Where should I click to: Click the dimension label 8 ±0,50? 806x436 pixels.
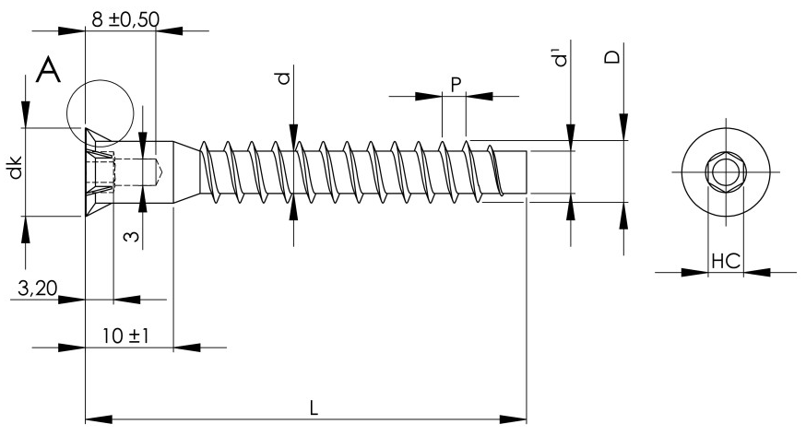click(x=125, y=19)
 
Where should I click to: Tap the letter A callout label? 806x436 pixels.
click(x=48, y=70)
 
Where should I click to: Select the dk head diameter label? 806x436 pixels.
click(x=16, y=167)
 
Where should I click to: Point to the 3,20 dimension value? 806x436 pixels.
click(x=37, y=289)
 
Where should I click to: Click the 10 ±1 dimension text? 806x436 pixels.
click(x=125, y=336)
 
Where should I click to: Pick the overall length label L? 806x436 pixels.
click(x=314, y=408)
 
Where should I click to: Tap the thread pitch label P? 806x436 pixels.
click(x=456, y=84)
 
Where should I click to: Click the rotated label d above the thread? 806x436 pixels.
click(x=284, y=78)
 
